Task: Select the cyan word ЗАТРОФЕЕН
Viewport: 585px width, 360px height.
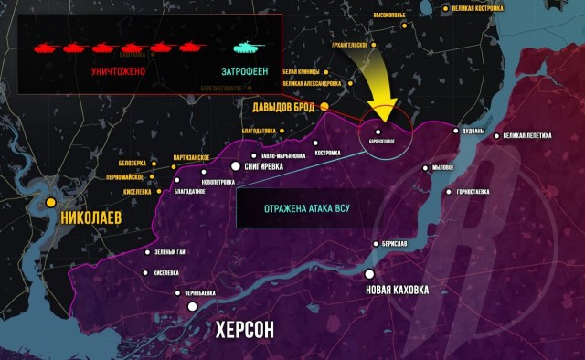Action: pyautogui.click(x=247, y=69)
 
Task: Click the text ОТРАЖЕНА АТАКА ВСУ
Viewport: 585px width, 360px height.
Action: pyautogui.click(x=307, y=207)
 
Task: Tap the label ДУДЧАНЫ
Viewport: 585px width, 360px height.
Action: pyautogui.click(x=474, y=132)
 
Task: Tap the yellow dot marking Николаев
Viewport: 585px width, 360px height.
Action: pyautogui.click(x=52, y=202)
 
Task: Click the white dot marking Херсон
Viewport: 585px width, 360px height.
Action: pyautogui.click(x=193, y=307)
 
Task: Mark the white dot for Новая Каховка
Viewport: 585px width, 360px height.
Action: pyautogui.click(x=369, y=274)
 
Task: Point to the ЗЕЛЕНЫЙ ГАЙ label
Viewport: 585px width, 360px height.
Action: pyautogui.click(x=172, y=252)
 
